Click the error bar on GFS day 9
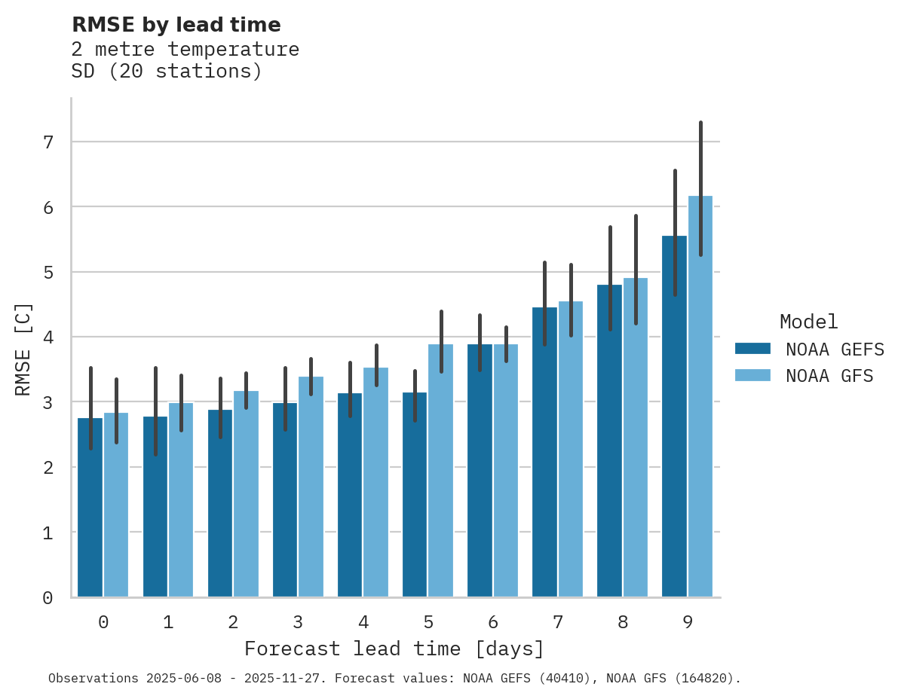point(700,188)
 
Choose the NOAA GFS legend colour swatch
point(752,375)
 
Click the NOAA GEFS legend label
point(835,349)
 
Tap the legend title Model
point(808,322)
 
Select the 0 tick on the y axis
point(48,597)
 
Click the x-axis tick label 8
point(623,622)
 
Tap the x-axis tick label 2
point(233,622)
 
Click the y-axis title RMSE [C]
point(23,349)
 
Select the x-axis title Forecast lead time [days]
point(394,649)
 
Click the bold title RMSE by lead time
point(176,25)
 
